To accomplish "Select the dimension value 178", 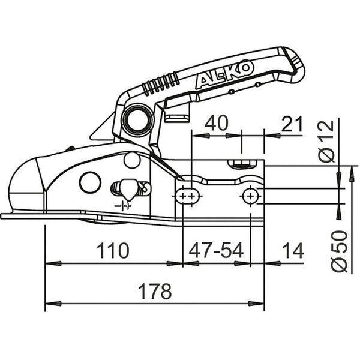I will (x=154, y=292).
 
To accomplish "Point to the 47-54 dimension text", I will (x=216, y=250).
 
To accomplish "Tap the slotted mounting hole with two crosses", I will (x=188, y=196).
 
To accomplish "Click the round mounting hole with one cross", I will (x=250, y=195).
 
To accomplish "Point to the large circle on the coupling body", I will (x=91, y=182).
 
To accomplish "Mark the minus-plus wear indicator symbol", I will (x=125, y=206).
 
